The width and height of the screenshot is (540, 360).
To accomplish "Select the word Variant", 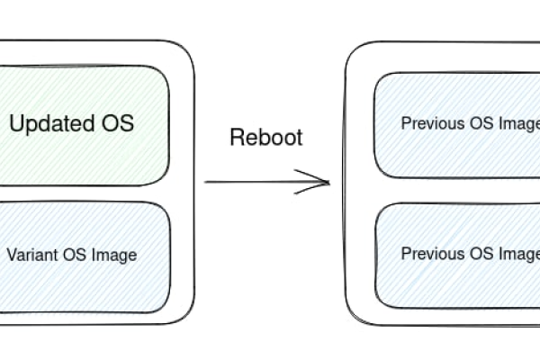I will tap(32, 255).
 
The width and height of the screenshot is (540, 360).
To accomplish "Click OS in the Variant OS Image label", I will tap(75, 255).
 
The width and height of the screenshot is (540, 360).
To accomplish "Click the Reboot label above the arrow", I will tap(266, 138).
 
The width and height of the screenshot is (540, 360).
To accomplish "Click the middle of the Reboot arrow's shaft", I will tap(266, 183).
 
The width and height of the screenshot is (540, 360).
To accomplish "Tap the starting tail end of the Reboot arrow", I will tap(207, 183).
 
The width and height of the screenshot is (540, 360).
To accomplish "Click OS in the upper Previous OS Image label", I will tap(481, 124).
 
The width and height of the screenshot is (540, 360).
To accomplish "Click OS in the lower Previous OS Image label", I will tap(481, 254).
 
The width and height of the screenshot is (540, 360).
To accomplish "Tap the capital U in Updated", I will tap(16, 123).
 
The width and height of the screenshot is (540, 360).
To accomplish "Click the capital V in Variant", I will tap(11, 255).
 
